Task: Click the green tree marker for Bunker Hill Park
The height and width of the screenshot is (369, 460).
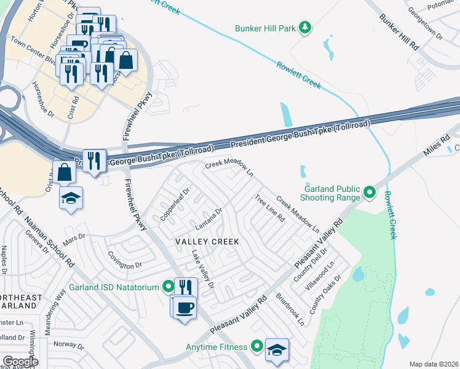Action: coord(304,27)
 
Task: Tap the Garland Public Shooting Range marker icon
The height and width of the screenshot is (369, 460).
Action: coord(370,193)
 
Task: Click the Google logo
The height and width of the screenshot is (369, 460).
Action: coord(20,362)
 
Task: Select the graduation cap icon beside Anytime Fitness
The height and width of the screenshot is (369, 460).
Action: coord(277,349)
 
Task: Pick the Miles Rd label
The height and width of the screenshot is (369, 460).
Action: coord(437,146)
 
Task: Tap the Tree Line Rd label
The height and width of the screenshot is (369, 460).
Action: coord(270,208)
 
